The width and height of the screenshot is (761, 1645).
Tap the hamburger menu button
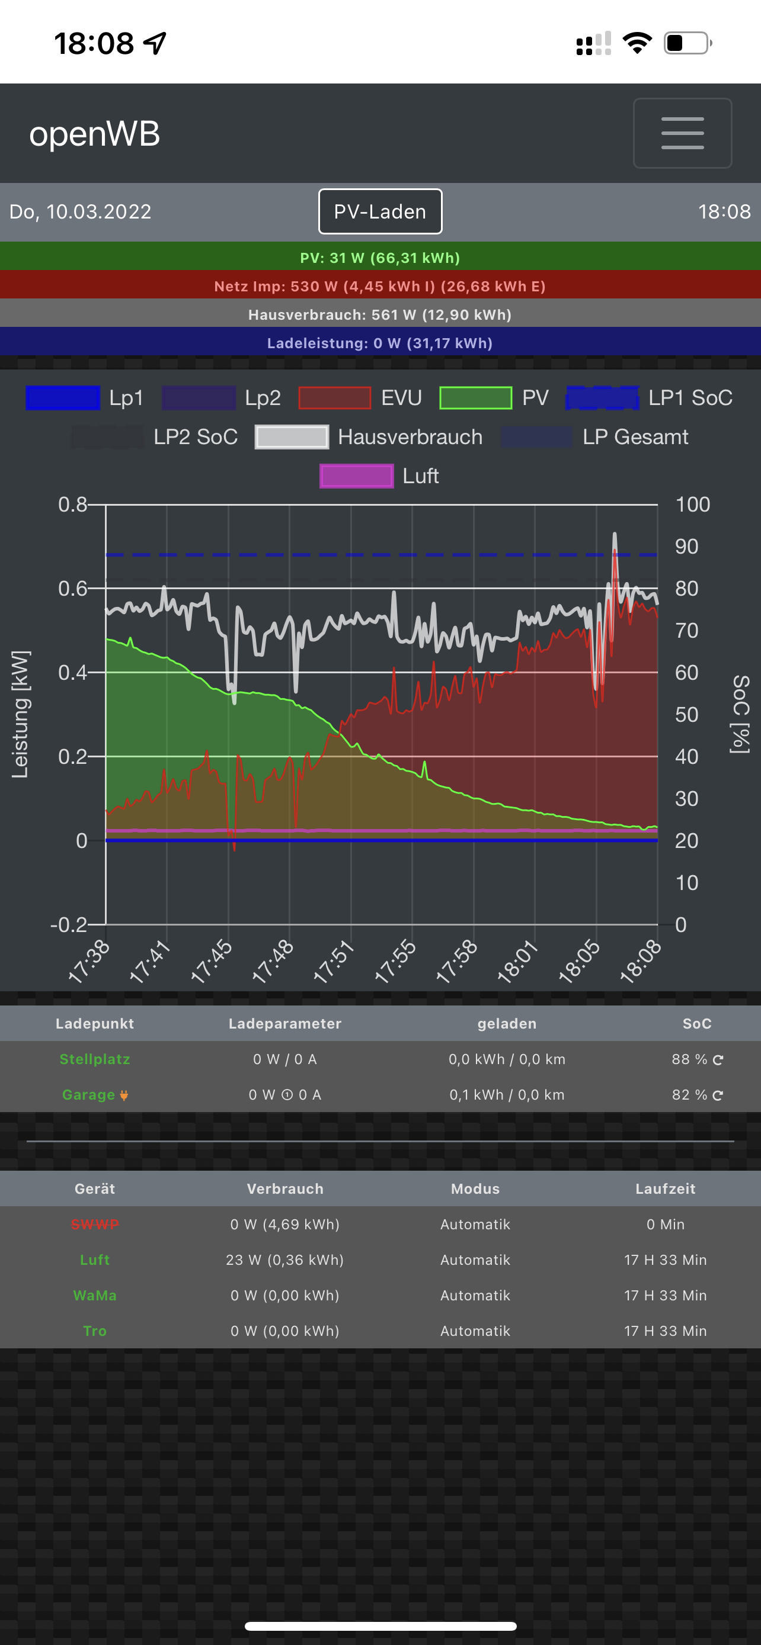click(x=682, y=133)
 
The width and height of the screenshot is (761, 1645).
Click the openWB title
click(x=95, y=134)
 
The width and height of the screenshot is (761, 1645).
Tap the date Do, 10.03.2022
click(x=81, y=212)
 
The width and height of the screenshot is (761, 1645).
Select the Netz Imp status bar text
click(x=380, y=286)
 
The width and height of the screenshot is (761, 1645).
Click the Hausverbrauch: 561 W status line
click(x=380, y=315)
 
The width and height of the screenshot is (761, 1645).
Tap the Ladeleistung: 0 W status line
click(x=380, y=343)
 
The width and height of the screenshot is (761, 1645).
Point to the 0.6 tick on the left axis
click(x=72, y=588)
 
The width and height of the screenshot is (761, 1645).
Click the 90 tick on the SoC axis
click(x=686, y=547)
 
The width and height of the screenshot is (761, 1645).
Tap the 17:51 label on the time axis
click(x=334, y=960)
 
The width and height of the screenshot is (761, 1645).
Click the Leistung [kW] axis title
click(x=20, y=714)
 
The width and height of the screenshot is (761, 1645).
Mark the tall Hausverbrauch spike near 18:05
click(x=615, y=536)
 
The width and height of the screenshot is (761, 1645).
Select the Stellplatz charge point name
click(x=95, y=1059)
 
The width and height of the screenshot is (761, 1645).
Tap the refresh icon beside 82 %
click(x=718, y=1095)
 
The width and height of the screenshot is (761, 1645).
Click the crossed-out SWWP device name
click(x=95, y=1224)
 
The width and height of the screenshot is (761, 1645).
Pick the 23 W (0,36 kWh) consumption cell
click(x=285, y=1260)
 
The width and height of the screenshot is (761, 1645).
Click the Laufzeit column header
click(x=665, y=1188)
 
